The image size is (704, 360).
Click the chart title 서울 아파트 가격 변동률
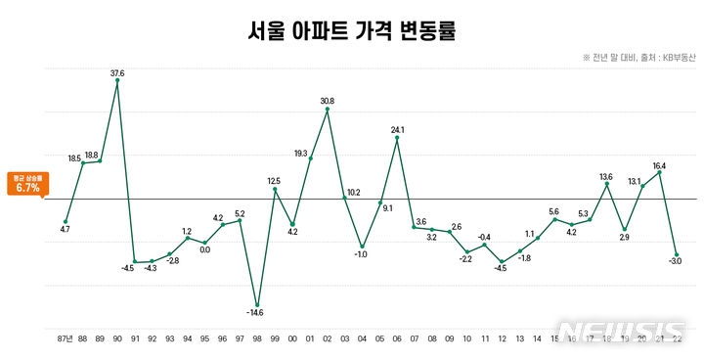click(352, 31)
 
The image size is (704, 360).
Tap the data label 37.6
click(117, 72)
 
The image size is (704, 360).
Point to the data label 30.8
click(328, 101)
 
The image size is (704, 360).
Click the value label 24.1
click(398, 129)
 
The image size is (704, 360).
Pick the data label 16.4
click(660, 166)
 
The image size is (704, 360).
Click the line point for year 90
click(117, 81)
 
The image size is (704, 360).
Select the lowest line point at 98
click(257, 305)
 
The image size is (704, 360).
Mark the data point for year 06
click(397, 138)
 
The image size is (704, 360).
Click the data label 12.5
click(274, 180)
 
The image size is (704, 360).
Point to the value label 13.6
click(606, 176)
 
